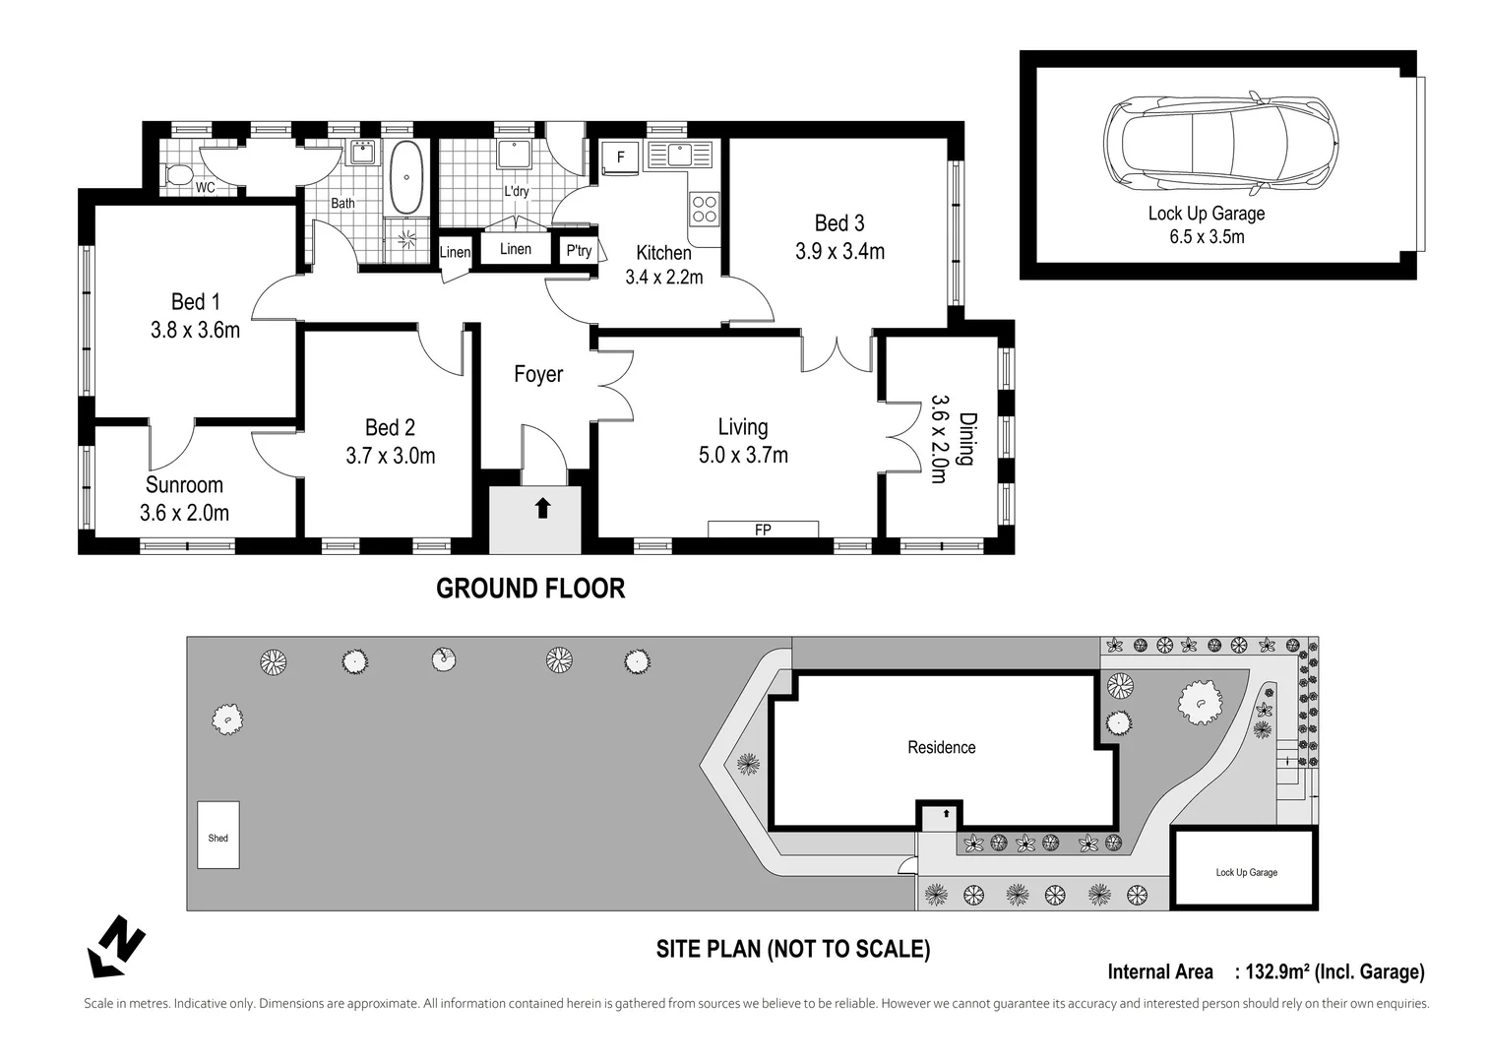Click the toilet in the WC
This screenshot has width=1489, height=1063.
[x=177, y=176]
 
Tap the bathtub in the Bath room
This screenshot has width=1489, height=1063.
[x=405, y=177]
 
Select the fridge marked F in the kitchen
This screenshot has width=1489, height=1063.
[x=620, y=157]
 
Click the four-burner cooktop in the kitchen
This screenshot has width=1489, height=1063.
[x=704, y=208]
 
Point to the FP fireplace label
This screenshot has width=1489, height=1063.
[x=763, y=530]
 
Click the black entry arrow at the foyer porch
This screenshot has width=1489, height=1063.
[x=542, y=508]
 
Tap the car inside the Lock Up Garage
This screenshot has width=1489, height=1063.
[x=1220, y=144]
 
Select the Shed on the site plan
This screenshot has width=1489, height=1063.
[x=218, y=835]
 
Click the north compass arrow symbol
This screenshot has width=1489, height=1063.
[x=116, y=946]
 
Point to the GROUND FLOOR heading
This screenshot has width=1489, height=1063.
[x=530, y=589]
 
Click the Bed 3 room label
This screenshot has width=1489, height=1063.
[x=839, y=222]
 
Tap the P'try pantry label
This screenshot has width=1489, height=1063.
[x=579, y=251]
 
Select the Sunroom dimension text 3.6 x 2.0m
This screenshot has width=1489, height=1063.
[x=184, y=513]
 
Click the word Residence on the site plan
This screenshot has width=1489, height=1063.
[x=941, y=747]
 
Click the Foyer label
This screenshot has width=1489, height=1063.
[x=538, y=374]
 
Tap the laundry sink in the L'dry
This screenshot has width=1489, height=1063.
[x=514, y=155]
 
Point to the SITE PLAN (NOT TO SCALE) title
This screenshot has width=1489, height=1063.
[x=793, y=949]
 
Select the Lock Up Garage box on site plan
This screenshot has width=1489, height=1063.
[x=1245, y=868]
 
